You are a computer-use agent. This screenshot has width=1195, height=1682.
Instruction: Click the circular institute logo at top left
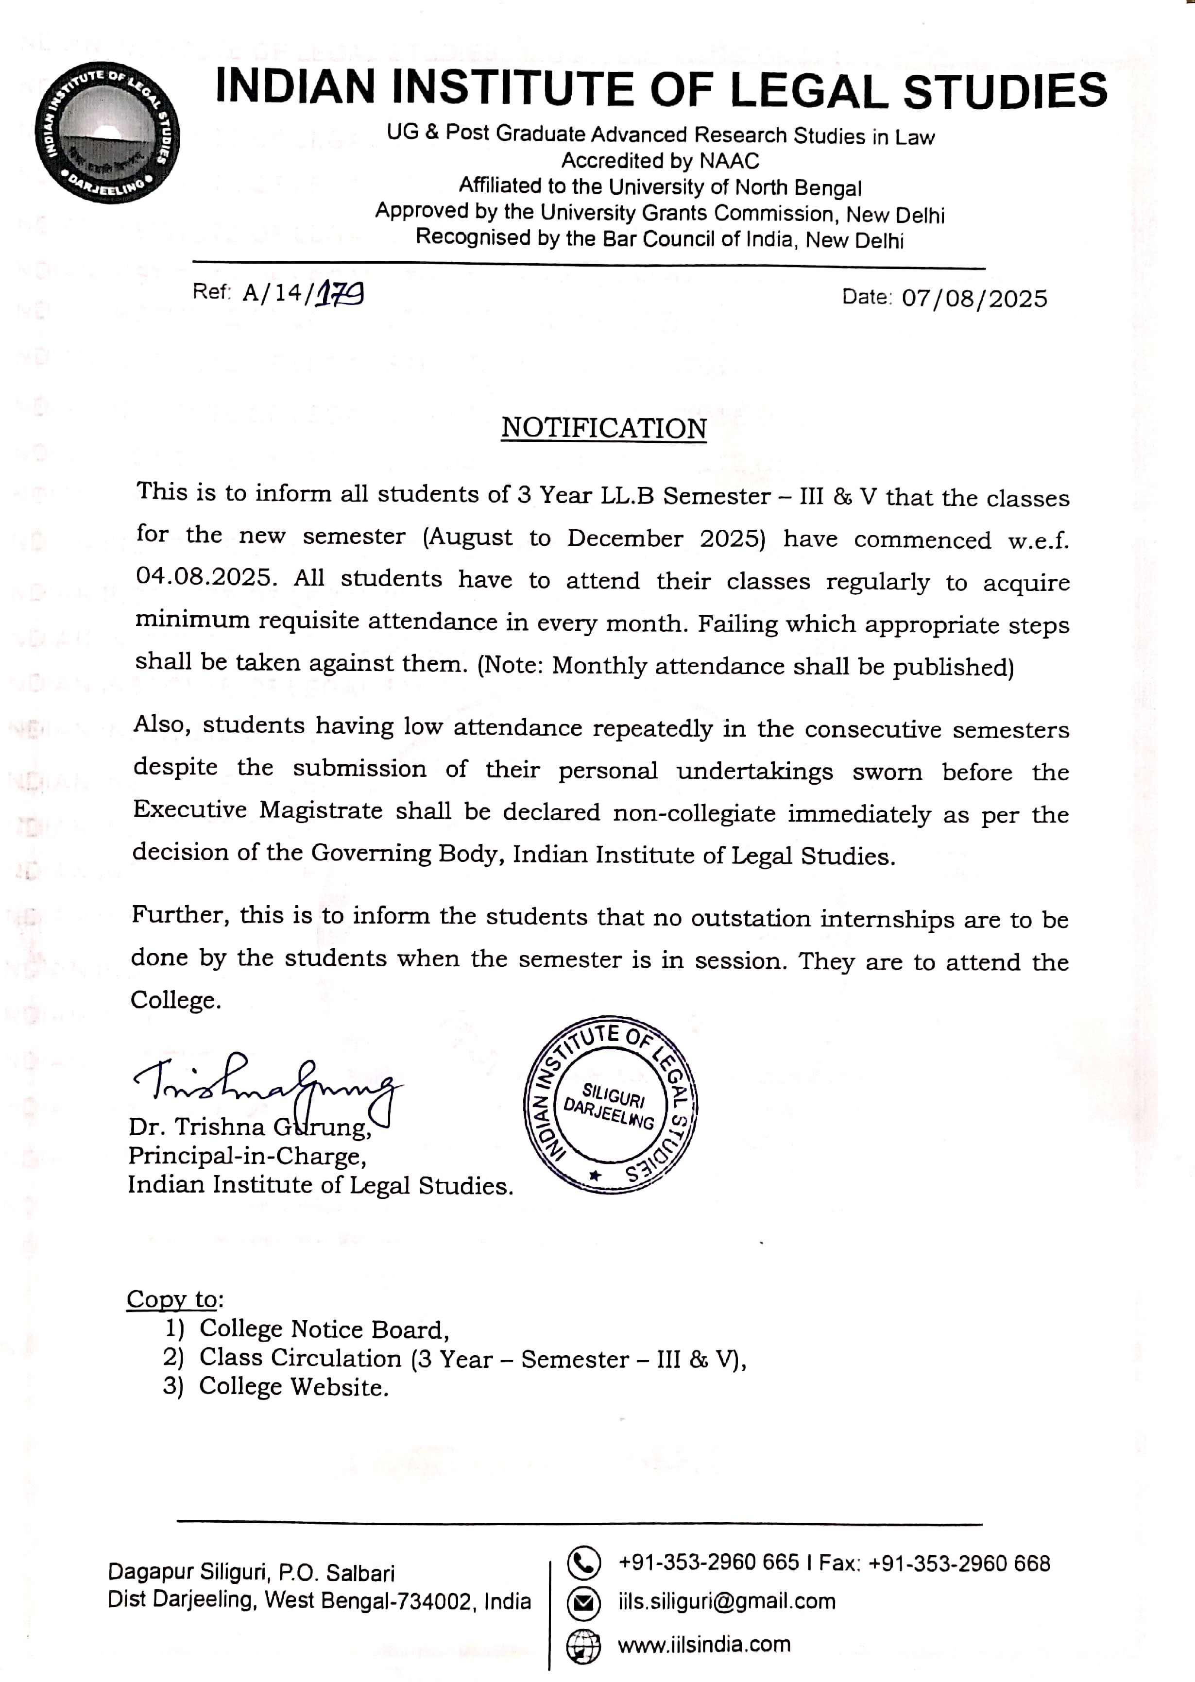pyautogui.click(x=107, y=133)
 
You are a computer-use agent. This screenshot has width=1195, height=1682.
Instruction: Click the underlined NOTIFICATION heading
pyautogui.click(x=603, y=428)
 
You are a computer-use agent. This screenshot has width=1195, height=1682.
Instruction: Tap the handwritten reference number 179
pyautogui.click(x=339, y=293)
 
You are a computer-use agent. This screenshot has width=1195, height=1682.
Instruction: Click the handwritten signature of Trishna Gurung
pyautogui.click(x=265, y=1084)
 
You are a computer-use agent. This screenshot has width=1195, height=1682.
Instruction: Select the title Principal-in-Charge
pyautogui.click(x=247, y=1156)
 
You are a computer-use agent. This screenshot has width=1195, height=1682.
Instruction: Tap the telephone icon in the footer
pyautogui.click(x=583, y=1564)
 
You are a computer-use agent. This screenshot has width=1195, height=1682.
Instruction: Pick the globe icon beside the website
pyautogui.click(x=583, y=1647)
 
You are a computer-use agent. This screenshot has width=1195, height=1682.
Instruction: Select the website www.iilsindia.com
pyautogui.click(x=703, y=1645)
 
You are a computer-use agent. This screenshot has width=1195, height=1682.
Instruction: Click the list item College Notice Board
pyautogui.click(x=324, y=1329)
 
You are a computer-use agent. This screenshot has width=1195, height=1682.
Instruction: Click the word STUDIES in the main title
pyautogui.click(x=1005, y=91)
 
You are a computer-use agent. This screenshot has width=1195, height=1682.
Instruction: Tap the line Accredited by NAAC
pyautogui.click(x=660, y=160)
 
